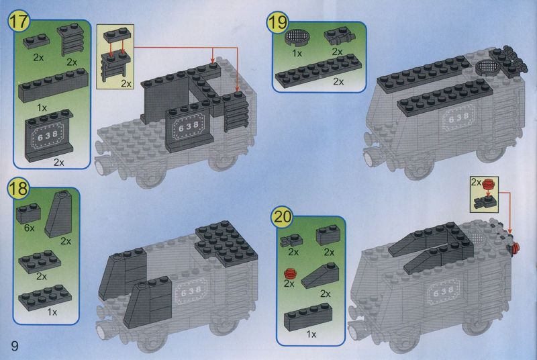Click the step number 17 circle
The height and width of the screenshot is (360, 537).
[x=19, y=21]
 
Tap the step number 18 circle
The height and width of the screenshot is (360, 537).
[x=19, y=189]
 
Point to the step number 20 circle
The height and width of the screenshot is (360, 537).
[x=282, y=216]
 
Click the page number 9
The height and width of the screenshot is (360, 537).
[x=14, y=346]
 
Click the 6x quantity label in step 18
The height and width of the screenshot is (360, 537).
[x=29, y=228]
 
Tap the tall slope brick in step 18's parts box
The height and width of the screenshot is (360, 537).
[x=58, y=214]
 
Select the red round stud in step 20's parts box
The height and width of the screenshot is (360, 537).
[x=290, y=274]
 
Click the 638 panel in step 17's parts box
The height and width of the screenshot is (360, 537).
[x=48, y=135]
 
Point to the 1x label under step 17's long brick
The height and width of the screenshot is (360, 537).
[x=42, y=108]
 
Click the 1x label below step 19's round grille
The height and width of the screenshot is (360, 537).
[x=297, y=54]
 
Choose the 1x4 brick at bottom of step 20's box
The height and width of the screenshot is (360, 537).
[x=308, y=317]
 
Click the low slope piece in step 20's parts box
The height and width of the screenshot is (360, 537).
[x=320, y=276]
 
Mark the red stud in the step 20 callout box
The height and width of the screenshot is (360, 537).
[x=488, y=185]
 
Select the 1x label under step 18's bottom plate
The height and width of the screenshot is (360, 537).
[x=52, y=312]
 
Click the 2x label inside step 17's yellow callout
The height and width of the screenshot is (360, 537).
[x=126, y=83]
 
